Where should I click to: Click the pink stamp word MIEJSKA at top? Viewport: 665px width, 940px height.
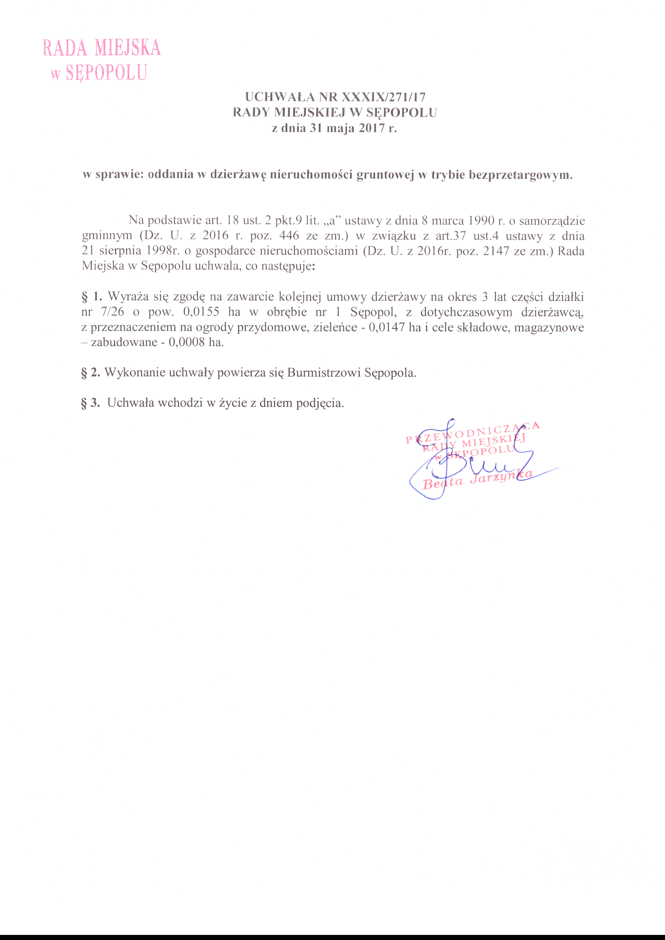click(128, 48)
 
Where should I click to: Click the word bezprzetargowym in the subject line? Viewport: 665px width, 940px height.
click(520, 175)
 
